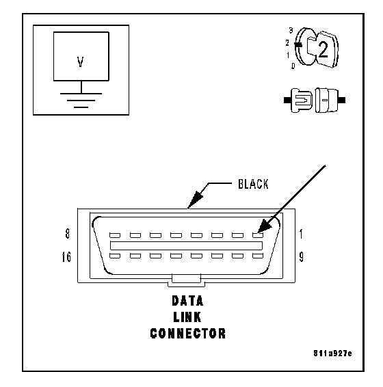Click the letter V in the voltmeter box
(x=80, y=62)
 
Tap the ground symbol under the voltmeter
(x=81, y=101)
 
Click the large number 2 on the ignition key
(x=323, y=50)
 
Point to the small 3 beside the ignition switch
(x=291, y=31)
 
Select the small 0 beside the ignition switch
(x=293, y=66)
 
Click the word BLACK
(x=253, y=184)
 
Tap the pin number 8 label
(x=68, y=234)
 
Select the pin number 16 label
(x=66, y=257)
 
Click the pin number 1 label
(x=301, y=234)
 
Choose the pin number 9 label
(x=301, y=257)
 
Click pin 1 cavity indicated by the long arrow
(x=258, y=235)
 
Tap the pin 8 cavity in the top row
(x=115, y=235)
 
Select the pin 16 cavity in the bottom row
(x=115, y=256)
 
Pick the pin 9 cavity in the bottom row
(x=258, y=256)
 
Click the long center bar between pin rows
(x=186, y=245)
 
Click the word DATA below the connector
(x=187, y=301)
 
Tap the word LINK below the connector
(x=187, y=317)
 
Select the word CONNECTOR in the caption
(x=188, y=334)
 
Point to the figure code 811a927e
(x=332, y=353)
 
